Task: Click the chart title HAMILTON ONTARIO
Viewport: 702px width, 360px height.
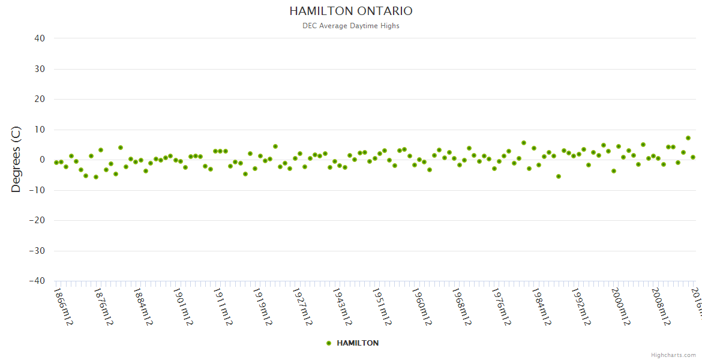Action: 351,11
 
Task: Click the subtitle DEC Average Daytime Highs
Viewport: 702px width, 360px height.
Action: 351,26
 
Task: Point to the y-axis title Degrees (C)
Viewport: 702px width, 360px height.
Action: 16,159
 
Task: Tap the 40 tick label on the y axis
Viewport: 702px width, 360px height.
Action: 40,38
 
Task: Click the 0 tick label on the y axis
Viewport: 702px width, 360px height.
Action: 42,160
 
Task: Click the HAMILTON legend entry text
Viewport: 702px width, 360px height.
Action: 358,343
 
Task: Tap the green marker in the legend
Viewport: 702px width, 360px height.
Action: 328,343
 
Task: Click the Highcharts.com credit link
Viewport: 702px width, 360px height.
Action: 673,355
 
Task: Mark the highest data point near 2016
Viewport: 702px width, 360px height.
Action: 688,138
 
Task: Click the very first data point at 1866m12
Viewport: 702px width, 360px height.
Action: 56,163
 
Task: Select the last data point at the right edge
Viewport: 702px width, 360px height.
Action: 693,157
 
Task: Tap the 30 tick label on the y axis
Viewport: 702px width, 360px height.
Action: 40,69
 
